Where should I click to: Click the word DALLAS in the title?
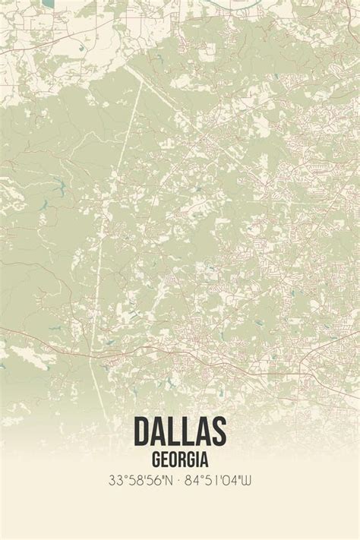180,431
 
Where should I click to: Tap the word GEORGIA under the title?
180,459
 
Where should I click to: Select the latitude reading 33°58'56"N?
141,480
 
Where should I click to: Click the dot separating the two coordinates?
179,480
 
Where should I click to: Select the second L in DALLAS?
188,431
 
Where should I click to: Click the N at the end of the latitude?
170,480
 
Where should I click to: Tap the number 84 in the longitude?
194,480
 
